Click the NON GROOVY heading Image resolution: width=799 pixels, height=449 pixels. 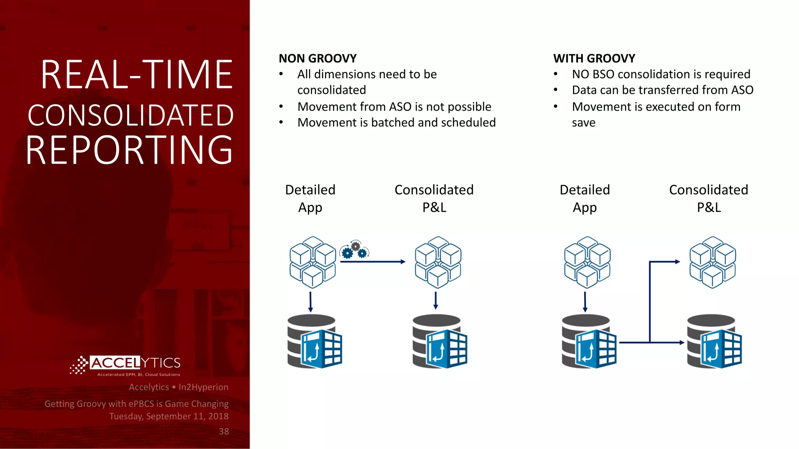point(318,58)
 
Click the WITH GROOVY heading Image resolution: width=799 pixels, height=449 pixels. point(594,58)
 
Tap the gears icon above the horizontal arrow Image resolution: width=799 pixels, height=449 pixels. point(354,250)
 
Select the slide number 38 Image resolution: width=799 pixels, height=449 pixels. point(224,431)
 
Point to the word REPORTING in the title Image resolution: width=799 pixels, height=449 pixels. point(130,150)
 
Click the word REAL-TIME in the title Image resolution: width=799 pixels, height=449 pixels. point(137,75)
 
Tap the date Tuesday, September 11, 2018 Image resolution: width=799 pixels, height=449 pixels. point(169,416)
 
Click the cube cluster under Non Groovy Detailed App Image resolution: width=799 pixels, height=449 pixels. point(312,262)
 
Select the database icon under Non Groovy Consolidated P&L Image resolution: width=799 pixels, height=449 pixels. point(439,341)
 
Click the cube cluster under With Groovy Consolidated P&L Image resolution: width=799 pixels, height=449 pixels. point(712,262)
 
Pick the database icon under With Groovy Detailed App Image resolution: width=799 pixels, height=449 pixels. point(589,341)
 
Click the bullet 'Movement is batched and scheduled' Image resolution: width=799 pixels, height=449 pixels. point(396,122)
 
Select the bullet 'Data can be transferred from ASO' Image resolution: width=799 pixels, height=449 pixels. point(662,90)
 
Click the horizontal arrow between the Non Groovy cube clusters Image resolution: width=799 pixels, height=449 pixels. point(373,262)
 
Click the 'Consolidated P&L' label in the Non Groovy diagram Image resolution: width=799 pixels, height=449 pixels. point(434,198)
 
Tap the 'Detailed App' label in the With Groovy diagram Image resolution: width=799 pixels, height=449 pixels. point(584,198)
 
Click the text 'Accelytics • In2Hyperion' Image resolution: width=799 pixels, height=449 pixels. point(178,387)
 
